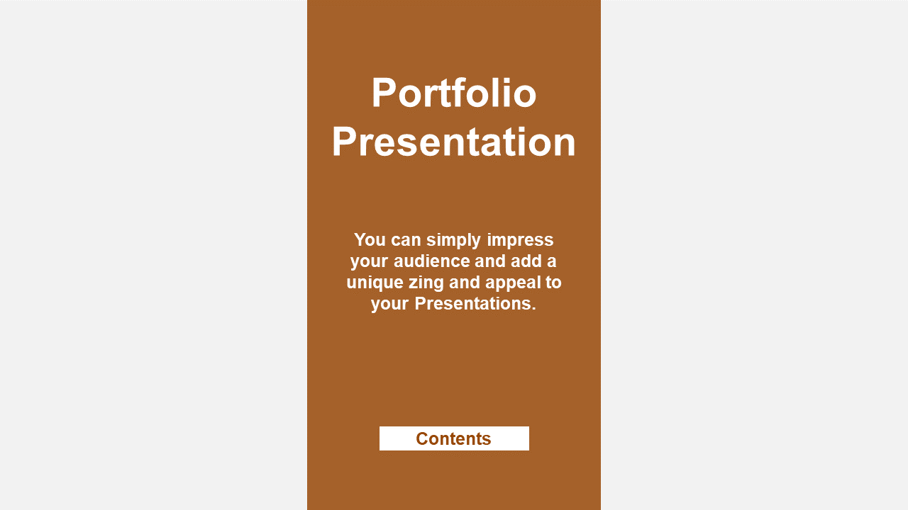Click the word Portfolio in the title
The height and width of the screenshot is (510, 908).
[454, 93]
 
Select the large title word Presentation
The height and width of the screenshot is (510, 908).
[454, 142]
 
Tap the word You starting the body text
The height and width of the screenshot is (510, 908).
[370, 239]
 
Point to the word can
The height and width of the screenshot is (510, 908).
[406, 240]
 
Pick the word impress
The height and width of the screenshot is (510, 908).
[520, 240]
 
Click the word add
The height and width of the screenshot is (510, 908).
[526, 261]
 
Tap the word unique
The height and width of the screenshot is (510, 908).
[375, 283]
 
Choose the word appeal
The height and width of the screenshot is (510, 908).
[512, 283]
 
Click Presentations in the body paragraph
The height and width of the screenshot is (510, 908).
[475, 304]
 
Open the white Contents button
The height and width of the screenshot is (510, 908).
[454, 438]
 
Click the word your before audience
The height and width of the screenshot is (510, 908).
[370, 262]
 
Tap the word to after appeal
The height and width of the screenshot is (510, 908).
[553, 283]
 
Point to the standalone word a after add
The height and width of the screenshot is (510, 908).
[551, 262]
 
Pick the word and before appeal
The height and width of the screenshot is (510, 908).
[465, 283]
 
